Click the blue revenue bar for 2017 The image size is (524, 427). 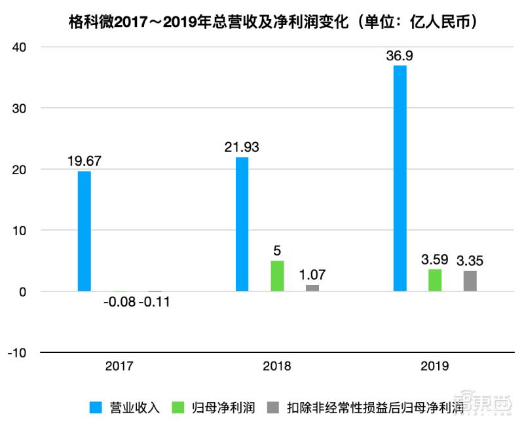click(x=84, y=231)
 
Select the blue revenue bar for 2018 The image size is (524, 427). click(x=242, y=224)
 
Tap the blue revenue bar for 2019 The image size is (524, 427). click(x=400, y=178)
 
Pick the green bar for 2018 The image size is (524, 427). click(x=277, y=276)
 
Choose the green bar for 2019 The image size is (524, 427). click(x=435, y=280)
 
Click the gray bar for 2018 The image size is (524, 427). click(x=312, y=288)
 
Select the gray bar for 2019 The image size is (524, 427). click(x=470, y=281)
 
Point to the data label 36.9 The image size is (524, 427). click(x=400, y=56)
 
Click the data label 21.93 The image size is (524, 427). click(x=242, y=147)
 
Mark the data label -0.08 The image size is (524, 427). click(x=119, y=304)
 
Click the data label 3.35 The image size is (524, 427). click(x=470, y=261)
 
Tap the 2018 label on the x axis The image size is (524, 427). click(x=277, y=366)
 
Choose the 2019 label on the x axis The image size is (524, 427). click(x=435, y=366)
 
